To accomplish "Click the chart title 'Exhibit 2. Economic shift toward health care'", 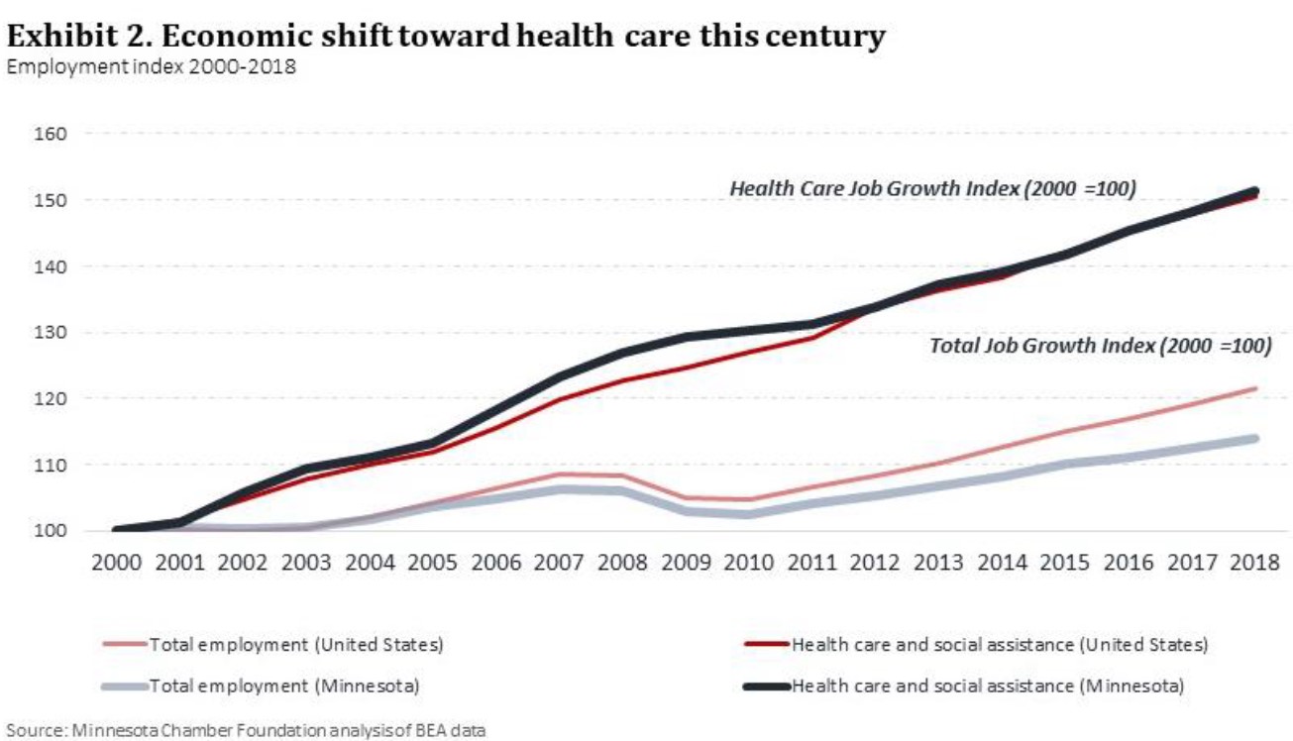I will coord(446,37).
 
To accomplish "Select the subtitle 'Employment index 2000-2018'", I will coord(151,67).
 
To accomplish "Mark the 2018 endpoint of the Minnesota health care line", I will coord(1254,191).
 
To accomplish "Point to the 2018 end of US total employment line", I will coord(1254,388).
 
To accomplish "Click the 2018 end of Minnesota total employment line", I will coord(1254,438).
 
